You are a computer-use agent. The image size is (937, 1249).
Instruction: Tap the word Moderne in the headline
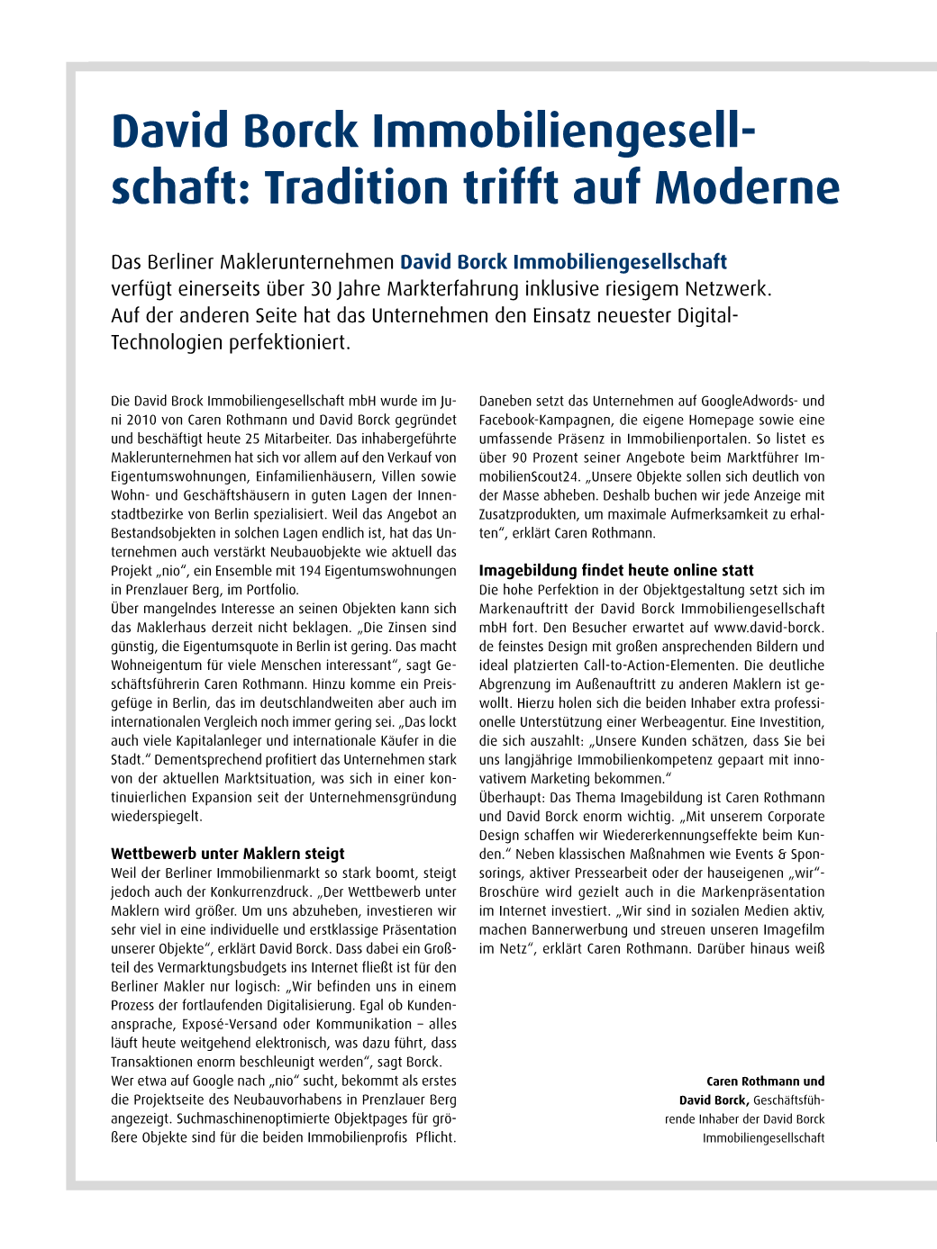click(747, 187)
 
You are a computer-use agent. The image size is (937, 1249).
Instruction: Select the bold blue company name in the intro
click(563, 262)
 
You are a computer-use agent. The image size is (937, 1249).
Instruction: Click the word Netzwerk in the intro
click(715, 289)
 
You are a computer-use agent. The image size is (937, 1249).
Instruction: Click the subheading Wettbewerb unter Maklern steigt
click(228, 854)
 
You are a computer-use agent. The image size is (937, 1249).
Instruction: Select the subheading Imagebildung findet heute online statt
click(616, 570)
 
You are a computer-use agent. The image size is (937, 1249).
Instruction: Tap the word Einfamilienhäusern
click(320, 476)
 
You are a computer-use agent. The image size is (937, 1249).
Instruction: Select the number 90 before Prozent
click(520, 457)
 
